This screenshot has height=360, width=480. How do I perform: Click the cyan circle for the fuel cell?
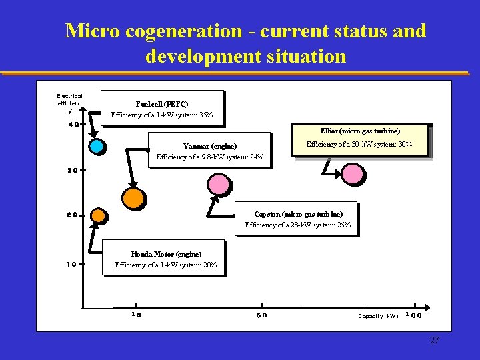pos(97,145)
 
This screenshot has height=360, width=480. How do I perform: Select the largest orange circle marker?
pos(133,198)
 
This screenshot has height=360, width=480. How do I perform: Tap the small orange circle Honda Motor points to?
pos(98,216)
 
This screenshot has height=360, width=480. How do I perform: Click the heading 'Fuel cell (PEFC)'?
pos(161,104)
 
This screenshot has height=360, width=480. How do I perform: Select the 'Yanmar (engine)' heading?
pos(210,146)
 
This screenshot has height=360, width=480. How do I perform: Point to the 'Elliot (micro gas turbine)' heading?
pos(360,131)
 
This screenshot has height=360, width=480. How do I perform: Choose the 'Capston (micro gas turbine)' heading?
pos(298,214)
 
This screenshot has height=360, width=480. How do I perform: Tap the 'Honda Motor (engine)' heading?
pos(166,254)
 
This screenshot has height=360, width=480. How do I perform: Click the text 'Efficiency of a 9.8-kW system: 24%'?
pos(210,157)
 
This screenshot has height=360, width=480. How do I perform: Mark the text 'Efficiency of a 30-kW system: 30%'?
pos(359,145)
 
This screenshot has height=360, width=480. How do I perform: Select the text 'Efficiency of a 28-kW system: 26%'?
pos(298,225)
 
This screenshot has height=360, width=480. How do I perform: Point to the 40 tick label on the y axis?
pos(73,124)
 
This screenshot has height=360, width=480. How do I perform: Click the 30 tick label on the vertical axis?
pos(73,170)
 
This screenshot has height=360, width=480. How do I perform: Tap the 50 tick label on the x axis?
pos(261,315)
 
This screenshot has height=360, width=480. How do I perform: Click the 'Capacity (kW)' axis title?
pos(378,315)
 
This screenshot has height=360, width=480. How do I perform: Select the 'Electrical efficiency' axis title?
pos(69,103)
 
